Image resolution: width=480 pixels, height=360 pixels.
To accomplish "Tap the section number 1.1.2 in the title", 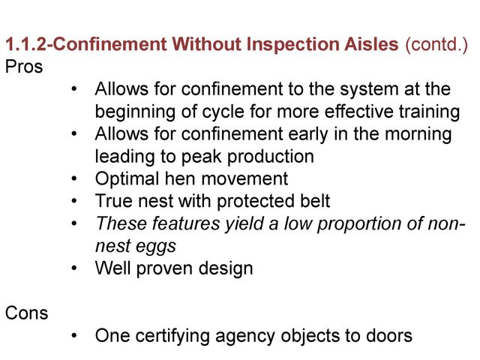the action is [26, 44].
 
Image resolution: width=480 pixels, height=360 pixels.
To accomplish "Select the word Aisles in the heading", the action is [371, 43].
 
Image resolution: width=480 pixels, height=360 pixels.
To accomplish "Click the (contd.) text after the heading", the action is [436, 44].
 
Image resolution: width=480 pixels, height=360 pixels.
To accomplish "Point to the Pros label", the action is [24, 67].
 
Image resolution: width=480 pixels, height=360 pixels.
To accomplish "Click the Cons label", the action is [27, 313].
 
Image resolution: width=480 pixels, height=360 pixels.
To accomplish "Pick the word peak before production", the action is [202, 157].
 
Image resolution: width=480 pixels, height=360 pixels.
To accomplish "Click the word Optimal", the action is [127, 178].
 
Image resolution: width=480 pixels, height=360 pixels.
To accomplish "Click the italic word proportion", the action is [359, 223].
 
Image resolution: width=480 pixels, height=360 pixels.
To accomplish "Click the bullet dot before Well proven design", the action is [74, 268].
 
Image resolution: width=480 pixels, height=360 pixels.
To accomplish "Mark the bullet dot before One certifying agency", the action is [74, 335].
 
